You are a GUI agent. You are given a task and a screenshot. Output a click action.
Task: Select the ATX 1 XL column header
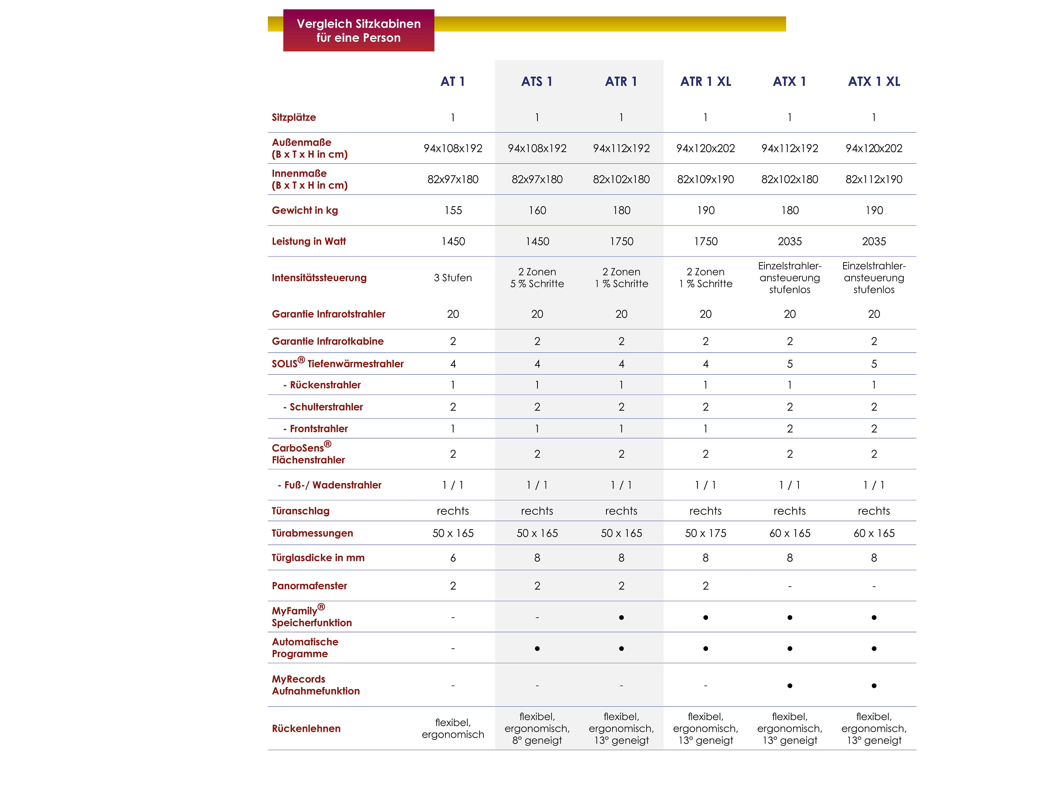coord(874,81)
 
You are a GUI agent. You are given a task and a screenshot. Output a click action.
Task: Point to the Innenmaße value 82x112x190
coord(874,180)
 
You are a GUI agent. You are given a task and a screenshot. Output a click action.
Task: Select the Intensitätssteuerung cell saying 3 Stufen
coord(453,278)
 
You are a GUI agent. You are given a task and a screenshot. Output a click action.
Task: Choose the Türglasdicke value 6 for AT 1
coord(453,558)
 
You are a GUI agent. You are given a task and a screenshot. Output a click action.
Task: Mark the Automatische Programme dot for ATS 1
coord(537,649)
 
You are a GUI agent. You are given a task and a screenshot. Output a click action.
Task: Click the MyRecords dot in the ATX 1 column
coord(789,686)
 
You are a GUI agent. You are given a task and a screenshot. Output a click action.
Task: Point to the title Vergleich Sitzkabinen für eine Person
coord(358,31)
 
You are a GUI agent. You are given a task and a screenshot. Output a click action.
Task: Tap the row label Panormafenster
coord(309,586)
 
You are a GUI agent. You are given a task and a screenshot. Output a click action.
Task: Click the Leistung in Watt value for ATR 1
coord(621,241)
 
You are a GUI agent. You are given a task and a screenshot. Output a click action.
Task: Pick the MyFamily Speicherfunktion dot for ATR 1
coord(621,618)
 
